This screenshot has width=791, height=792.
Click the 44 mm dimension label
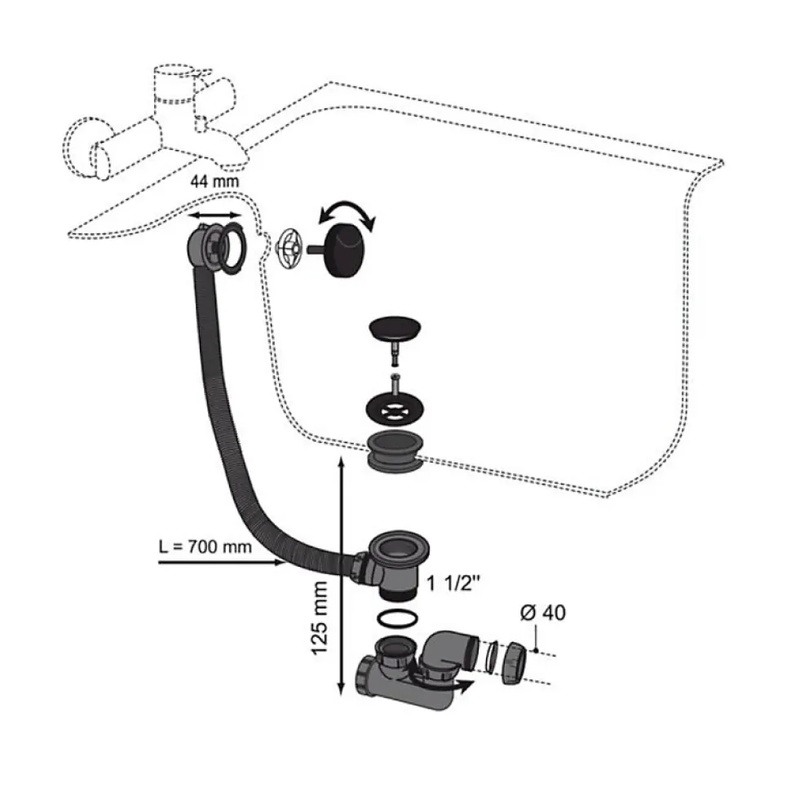click(214, 181)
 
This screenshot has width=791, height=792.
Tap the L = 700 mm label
click(205, 546)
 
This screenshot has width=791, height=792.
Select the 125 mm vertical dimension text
click(319, 619)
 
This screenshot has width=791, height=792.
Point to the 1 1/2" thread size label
click(453, 583)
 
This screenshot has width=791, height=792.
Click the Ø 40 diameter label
click(543, 613)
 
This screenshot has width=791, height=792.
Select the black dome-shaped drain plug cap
click(395, 329)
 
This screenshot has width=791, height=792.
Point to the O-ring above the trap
click(397, 620)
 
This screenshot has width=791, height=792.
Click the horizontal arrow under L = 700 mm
click(221, 562)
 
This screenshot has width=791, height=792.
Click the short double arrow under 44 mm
click(214, 215)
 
